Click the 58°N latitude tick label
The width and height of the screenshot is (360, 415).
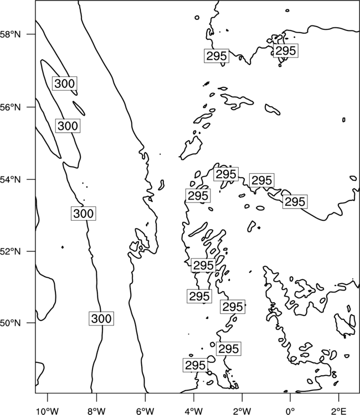click(11, 34)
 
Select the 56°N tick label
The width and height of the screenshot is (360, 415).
click(11, 107)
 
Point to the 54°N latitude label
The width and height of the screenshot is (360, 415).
click(11, 180)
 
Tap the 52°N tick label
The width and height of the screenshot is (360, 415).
click(11, 251)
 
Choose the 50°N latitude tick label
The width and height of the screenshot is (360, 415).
click(11, 323)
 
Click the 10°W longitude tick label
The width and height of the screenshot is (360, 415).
click(47, 411)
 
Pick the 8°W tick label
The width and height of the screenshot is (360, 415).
click(96, 411)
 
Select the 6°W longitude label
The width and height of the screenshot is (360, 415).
click(145, 411)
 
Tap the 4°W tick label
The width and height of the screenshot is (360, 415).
click(194, 411)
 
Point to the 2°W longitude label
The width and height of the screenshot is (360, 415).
click(242, 411)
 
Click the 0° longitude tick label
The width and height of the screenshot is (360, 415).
click(290, 411)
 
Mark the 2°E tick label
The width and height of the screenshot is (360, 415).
click(339, 411)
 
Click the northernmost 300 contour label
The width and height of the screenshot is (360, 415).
click(65, 84)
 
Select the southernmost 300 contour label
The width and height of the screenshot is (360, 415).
click(101, 318)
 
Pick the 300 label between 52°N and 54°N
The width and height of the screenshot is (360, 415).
click(84, 214)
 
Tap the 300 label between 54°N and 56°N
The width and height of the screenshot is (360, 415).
click(68, 126)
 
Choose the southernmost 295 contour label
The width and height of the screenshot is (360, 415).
click(196, 365)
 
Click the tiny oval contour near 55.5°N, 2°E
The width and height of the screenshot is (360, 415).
click(344, 120)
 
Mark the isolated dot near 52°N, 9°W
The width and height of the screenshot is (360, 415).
click(63, 247)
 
